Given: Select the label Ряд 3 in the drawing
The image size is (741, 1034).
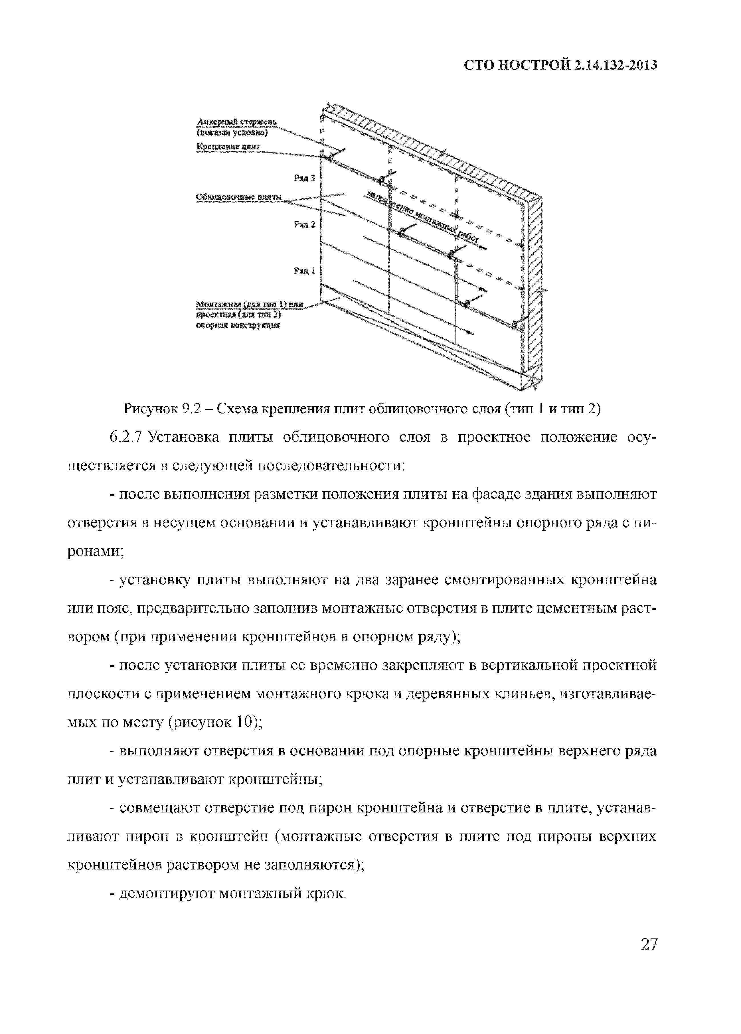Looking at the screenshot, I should tap(304, 178).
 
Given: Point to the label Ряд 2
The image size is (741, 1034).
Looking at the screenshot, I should tap(304, 225).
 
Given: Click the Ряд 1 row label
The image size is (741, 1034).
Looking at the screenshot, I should tap(304, 271).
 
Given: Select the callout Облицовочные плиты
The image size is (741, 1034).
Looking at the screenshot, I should tap(238, 197).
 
